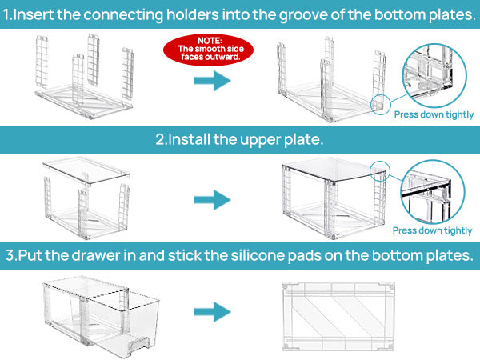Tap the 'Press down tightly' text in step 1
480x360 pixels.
click(x=433, y=114)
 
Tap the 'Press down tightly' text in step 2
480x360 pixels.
click(x=433, y=230)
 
